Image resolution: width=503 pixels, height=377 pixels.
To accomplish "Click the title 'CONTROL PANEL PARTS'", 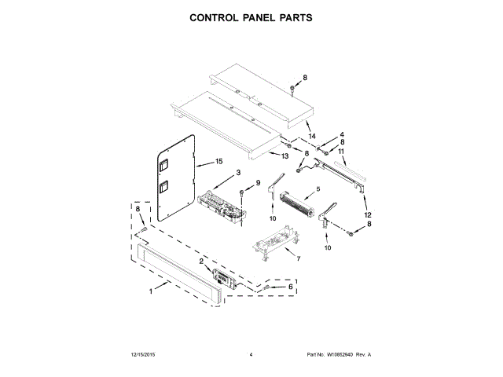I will pos(251,16).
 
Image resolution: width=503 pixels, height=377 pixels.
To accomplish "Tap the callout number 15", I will pos(209,163).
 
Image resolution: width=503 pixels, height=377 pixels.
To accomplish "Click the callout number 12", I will pos(367,214).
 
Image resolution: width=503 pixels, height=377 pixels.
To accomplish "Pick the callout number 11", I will pos(342,151).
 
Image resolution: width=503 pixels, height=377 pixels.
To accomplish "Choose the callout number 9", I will pos(257,182).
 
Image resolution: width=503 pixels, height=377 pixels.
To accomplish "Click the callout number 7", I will pos(298,257).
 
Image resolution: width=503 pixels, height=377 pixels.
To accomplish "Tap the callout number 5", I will pos(318,189).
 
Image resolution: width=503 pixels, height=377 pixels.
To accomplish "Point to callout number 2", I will pos(201,262).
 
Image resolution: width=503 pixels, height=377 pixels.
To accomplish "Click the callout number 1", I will pos(151,293).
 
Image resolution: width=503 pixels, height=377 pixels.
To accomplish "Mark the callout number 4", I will pos(343,134).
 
